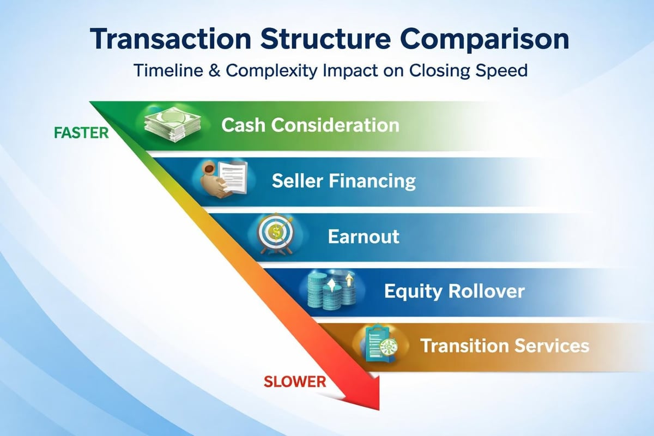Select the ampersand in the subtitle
(x=213, y=72)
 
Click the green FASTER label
(x=81, y=133)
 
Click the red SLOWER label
(x=294, y=381)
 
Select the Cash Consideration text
(x=310, y=125)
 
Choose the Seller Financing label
(x=344, y=180)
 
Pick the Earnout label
(x=364, y=236)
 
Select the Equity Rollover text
(x=454, y=291)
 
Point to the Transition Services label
(x=505, y=346)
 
